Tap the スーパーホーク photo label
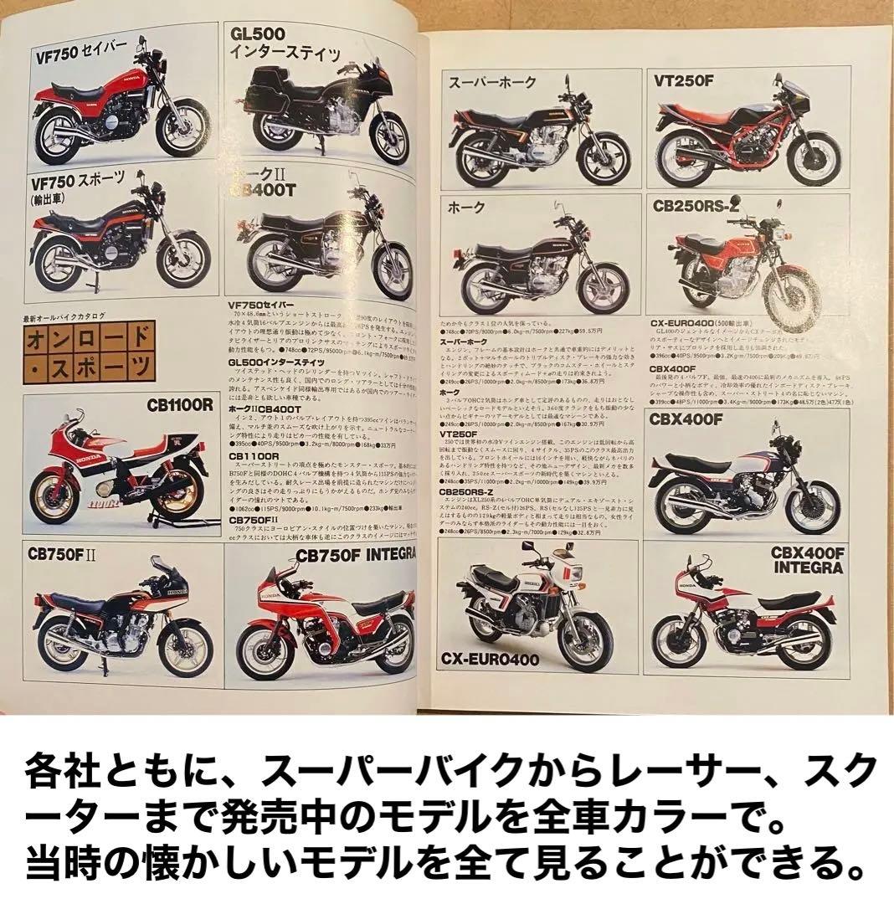(x=493, y=82)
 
